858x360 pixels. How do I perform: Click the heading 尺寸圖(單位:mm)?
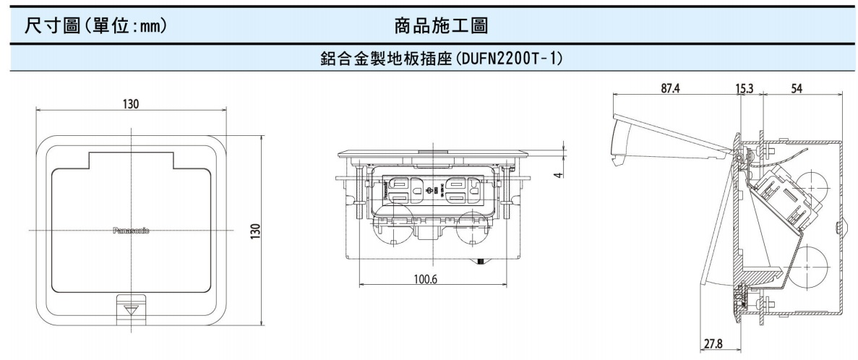(96, 27)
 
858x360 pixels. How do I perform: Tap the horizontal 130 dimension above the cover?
(131, 104)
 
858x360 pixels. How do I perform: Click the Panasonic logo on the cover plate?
(131, 231)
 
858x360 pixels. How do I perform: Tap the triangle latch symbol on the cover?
(131, 308)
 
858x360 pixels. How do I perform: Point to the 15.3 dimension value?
(745, 89)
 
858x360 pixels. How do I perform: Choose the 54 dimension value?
(797, 89)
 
